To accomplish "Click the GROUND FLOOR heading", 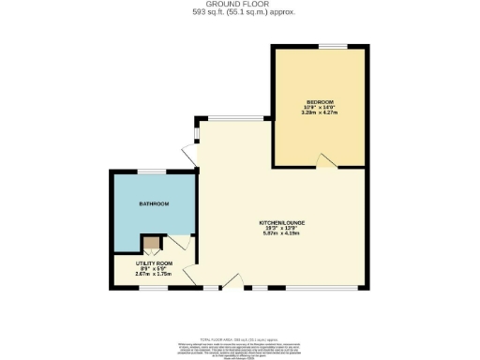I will tap(239, 5).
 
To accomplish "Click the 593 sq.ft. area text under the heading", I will tap(239, 12).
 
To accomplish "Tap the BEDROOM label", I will tap(320, 100).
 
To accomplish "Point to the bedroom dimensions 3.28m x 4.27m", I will tap(320, 112).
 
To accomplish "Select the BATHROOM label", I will tap(154, 203).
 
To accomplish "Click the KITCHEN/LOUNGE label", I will tap(282, 223).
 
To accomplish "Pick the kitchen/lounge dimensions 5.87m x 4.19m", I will tap(282, 233).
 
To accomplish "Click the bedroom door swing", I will tap(324, 163).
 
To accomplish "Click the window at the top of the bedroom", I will tap(331, 45).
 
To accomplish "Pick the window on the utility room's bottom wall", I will tap(152, 287).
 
